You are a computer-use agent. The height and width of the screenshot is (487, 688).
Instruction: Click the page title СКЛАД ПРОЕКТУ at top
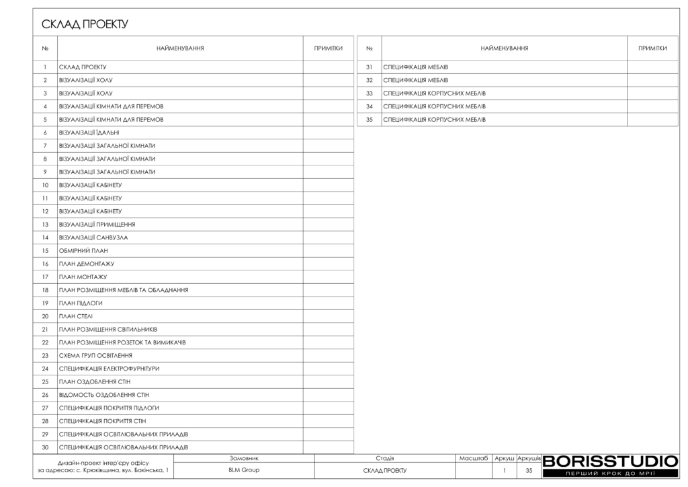tap(85, 25)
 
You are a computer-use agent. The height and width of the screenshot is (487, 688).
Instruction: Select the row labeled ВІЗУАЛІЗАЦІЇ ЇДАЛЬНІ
tap(89, 133)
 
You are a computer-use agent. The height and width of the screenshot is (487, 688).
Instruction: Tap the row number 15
tap(45, 250)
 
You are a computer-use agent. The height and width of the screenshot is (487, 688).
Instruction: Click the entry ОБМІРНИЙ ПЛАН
tap(83, 250)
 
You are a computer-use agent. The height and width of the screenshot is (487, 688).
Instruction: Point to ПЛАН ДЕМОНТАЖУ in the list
tap(87, 264)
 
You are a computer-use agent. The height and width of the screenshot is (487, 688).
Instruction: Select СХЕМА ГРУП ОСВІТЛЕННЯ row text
tap(95, 355)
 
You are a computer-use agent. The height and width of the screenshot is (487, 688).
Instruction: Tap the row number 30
tap(45, 447)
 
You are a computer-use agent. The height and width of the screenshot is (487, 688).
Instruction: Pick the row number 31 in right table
tap(369, 67)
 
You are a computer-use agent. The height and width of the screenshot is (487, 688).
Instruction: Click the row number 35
tap(369, 120)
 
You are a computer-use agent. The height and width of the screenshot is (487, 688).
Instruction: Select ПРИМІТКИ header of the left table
tap(329, 48)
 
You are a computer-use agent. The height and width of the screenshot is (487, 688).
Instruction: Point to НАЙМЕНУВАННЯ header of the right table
tap(504, 48)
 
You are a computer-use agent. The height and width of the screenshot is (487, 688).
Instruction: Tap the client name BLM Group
tap(244, 470)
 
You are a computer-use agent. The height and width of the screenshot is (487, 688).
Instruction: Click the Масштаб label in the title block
tap(474, 458)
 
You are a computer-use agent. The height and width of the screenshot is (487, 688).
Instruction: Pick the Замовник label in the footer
tap(244, 458)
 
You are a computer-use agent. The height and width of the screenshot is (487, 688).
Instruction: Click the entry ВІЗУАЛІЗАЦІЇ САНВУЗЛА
tap(93, 237)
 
